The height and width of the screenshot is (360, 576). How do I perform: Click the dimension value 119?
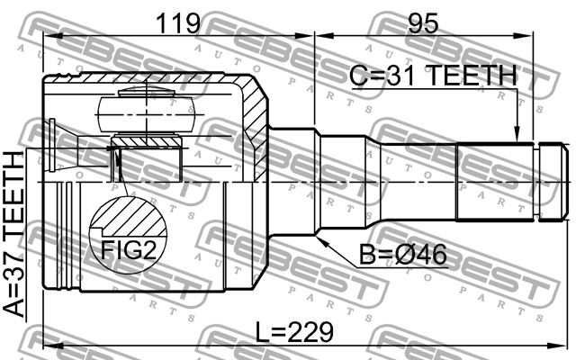click(176, 23)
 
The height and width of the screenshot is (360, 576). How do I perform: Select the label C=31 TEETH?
click(434, 77)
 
